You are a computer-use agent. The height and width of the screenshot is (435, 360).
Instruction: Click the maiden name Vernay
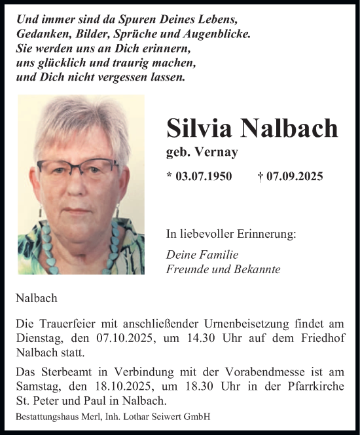219,151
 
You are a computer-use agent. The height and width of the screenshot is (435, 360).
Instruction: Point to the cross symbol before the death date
261,176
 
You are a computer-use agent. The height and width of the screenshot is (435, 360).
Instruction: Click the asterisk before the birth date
170,176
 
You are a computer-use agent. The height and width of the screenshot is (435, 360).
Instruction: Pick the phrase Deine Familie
202,255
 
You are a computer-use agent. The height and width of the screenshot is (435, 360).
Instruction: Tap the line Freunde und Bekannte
223,269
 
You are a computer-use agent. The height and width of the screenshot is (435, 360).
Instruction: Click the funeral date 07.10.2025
111,339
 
